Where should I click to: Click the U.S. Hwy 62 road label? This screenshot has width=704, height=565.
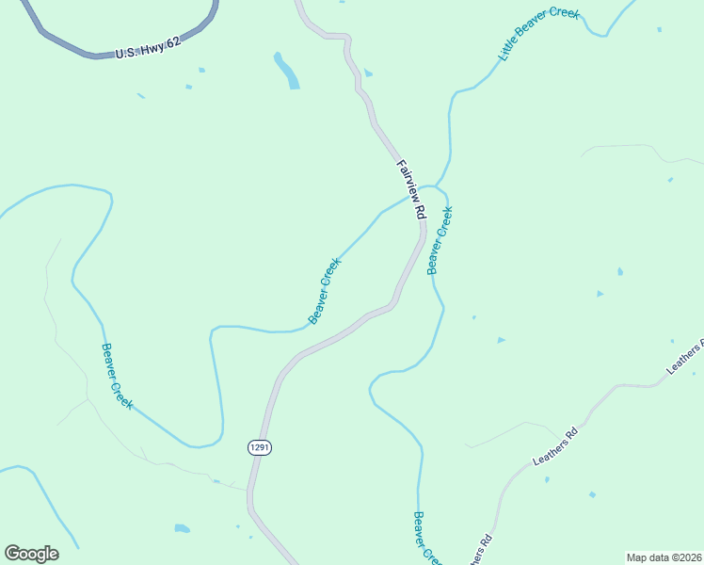pos(148,48)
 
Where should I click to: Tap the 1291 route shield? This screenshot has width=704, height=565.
pos(261,447)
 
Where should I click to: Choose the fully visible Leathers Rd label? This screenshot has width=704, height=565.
pos(554,447)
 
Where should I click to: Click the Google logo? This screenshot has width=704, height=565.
pos(31,554)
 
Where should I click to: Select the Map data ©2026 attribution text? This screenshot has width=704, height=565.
pos(664,557)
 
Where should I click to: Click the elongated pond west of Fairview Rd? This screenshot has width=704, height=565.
pos(286,71)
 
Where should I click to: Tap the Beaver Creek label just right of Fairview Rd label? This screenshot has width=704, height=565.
pos(440,240)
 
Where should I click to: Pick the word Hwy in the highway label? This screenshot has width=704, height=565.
pos(151,48)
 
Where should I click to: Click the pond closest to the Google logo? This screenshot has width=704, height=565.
pos(182,528)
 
